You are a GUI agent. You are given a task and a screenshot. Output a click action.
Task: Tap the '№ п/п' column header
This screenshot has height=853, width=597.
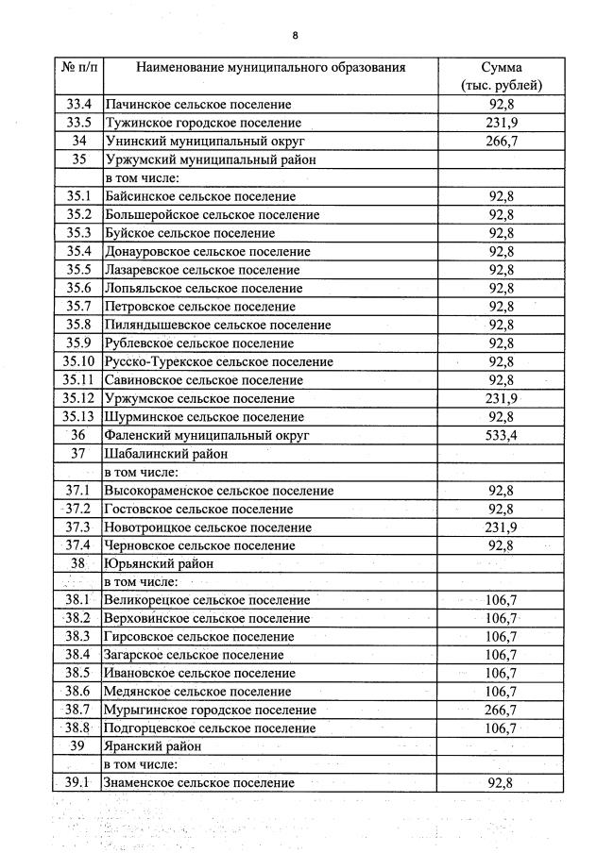click(x=79, y=68)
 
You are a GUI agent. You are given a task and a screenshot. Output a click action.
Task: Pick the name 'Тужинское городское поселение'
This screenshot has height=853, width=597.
click(x=203, y=123)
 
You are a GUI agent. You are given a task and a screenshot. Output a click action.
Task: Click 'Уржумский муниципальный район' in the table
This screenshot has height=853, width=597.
click(x=212, y=159)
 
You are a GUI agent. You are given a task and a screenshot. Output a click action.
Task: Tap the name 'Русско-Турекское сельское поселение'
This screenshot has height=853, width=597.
click(x=219, y=361)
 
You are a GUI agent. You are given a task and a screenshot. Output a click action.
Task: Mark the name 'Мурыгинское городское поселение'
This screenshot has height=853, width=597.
click(x=211, y=711)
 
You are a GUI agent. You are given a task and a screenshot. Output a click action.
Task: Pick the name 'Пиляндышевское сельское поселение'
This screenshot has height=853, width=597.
click(x=218, y=325)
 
